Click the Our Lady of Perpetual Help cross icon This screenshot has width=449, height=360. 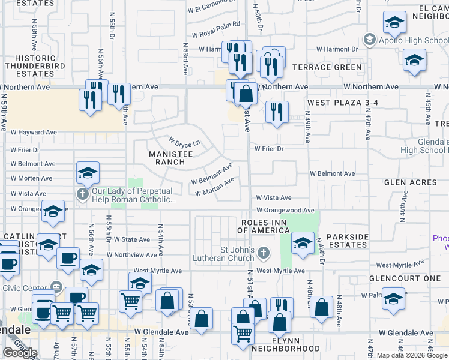point(83,193)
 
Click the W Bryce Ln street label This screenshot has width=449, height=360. point(184,142)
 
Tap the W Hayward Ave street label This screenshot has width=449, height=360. point(33,132)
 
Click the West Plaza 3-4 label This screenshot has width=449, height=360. point(342,103)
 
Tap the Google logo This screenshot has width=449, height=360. point(20,353)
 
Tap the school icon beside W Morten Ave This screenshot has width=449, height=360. point(88,174)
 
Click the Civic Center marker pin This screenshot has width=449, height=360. point(57,286)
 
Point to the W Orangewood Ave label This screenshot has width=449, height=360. point(285,211)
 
